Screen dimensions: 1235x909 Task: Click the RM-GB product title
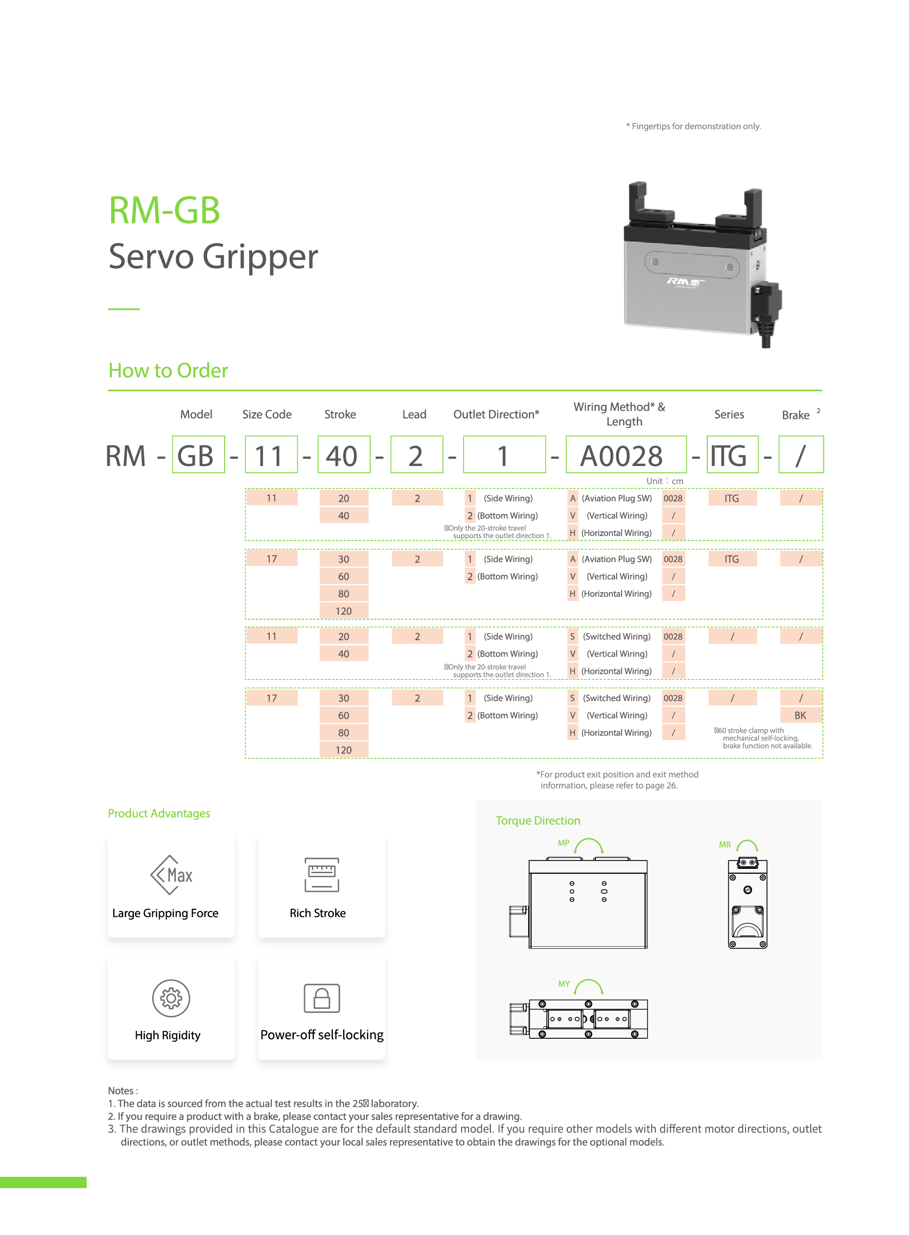[x=164, y=210]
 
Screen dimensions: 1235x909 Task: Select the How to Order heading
[x=168, y=370]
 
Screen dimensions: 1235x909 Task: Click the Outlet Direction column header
[x=495, y=414]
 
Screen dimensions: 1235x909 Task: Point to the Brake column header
[x=795, y=415]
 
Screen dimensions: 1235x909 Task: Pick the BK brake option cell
[x=800, y=715]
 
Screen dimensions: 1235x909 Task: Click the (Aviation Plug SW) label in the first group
[x=616, y=498]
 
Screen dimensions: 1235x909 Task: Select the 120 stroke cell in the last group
[x=343, y=750]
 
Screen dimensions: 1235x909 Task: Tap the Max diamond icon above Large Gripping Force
[x=171, y=875]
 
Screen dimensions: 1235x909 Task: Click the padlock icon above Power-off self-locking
[x=322, y=998]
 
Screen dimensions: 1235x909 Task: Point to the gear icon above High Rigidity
[x=171, y=998]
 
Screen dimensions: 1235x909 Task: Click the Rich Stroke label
[x=318, y=913]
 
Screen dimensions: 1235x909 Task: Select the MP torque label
[x=563, y=843]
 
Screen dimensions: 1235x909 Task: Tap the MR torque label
[x=724, y=844]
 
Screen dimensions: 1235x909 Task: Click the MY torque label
[x=563, y=983]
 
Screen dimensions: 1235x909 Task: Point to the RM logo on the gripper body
[x=684, y=283]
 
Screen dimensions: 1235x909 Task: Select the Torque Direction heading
[x=537, y=820]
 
